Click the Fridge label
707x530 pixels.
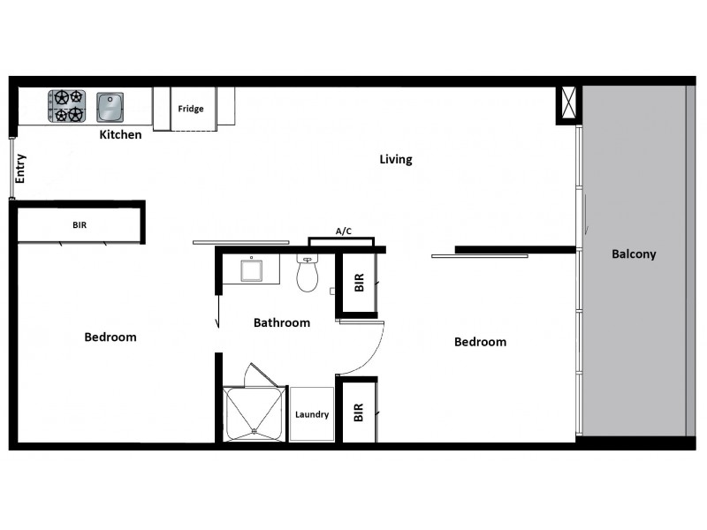click(x=191, y=109)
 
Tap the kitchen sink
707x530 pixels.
click(x=110, y=106)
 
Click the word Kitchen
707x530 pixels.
click(x=120, y=135)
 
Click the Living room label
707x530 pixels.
click(x=396, y=160)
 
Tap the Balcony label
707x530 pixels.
click(x=634, y=254)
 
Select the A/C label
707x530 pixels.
click(x=344, y=231)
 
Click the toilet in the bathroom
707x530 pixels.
click(x=307, y=275)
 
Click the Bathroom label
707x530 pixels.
click(x=282, y=322)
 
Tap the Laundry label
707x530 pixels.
click(x=312, y=414)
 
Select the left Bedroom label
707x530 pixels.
click(x=110, y=337)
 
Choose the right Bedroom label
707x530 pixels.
click(x=480, y=342)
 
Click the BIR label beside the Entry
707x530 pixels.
click(x=80, y=225)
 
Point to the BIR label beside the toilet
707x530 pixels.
click(x=359, y=283)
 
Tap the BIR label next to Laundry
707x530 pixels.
click(x=359, y=412)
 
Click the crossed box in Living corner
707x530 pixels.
click(x=566, y=104)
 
